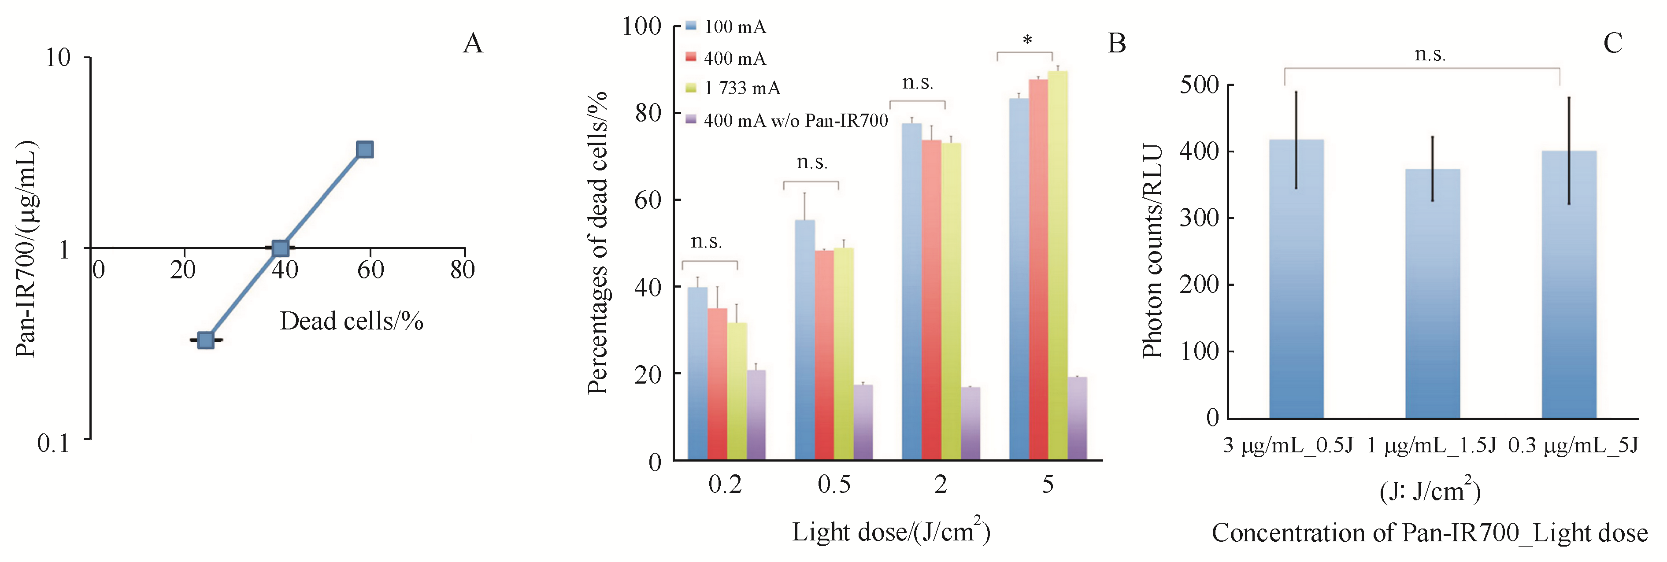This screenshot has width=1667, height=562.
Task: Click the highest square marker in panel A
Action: click(x=365, y=150)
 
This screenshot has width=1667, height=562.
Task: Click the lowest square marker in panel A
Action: click(x=206, y=340)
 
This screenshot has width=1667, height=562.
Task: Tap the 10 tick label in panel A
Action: click(x=58, y=58)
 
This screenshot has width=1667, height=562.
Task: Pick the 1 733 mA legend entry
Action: click(x=741, y=88)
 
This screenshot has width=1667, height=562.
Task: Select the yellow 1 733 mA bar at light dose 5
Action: click(x=1057, y=265)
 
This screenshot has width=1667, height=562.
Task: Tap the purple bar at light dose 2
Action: click(x=970, y=424)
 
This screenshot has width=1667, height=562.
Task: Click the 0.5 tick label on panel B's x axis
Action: click(x=833, y=485)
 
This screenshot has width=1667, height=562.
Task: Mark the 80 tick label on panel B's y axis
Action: click(x=648, y=114)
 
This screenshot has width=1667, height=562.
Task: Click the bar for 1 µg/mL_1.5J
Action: click(x=1432, y=294)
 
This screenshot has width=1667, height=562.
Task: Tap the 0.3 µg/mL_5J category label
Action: click(x=1573, y=446)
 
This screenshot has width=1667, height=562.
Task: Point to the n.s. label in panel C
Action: click(x=1430, y=54)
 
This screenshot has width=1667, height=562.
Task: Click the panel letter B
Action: click(x=1117, y=43)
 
